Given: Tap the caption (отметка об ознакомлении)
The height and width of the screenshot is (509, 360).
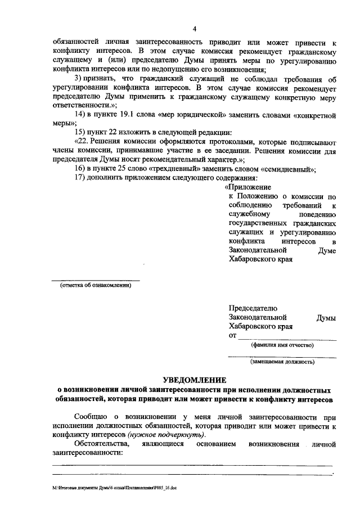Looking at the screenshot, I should (x=96, y=286).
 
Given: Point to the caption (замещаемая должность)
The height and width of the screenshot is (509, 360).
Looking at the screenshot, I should (x=282, y=362).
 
